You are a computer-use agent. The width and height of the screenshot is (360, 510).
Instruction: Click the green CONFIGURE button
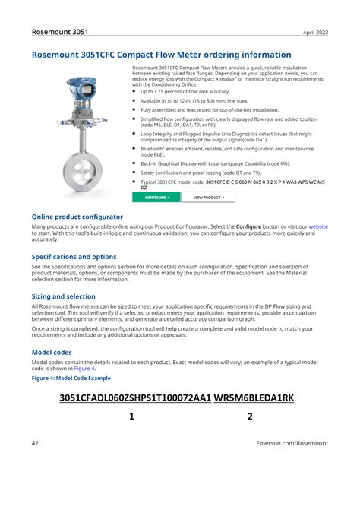click(156, 197)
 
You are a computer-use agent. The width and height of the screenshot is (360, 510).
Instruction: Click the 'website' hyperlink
click(317, 226)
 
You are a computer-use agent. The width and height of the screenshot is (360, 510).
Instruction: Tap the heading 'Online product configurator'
click(77, 217)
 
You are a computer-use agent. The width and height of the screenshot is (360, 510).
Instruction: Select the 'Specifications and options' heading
click(74, 257)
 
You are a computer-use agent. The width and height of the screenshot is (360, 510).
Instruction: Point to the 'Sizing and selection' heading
click(63, 296)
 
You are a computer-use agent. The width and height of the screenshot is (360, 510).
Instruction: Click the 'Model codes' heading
click(52, 353)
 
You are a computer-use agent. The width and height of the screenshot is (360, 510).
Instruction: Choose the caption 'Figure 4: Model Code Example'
click(71, 378)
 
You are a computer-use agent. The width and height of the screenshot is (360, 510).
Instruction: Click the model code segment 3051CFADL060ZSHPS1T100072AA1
click(134, 398)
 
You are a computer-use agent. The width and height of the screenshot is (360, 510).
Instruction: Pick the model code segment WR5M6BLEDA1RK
click(254, 398)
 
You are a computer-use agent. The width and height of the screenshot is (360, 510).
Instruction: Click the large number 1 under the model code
click(131, 417)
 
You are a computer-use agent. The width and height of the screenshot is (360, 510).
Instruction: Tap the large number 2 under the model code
click(250, 417)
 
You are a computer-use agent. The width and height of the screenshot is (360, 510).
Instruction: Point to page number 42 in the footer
click(36, 443)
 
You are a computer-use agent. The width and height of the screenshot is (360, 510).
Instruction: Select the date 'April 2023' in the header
click(315, 33)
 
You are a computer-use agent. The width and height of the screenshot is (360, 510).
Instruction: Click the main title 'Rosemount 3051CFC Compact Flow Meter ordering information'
click(161, 55)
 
